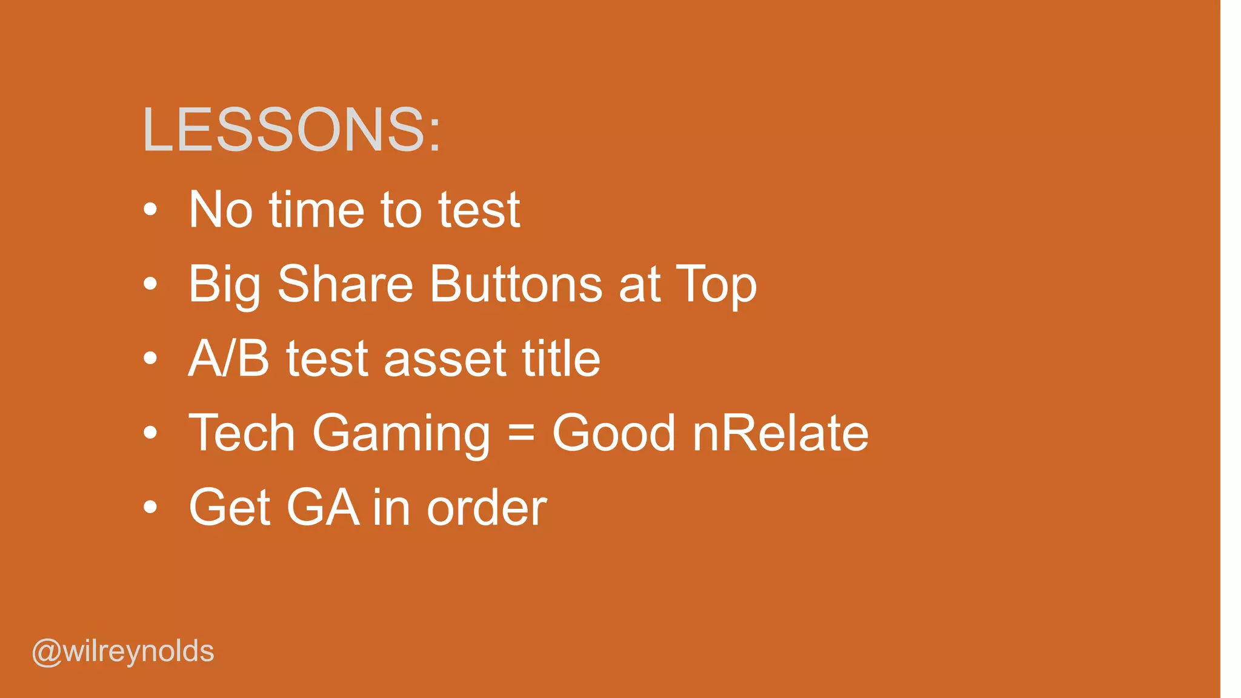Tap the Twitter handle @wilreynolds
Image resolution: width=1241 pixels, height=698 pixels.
coord(123,652)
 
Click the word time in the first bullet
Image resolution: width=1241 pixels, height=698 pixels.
coord(316,210)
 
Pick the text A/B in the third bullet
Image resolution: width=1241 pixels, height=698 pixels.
coord(228,359)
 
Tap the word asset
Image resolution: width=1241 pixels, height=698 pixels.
coord(445,359)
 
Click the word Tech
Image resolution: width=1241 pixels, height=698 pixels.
coord(242,433)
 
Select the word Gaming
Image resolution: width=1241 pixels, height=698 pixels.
coord(401,434)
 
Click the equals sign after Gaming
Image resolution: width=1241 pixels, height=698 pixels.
coord(521,433)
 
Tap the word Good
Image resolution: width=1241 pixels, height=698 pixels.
coord(613,433)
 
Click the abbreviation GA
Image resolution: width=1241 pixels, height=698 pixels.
coord(322,507)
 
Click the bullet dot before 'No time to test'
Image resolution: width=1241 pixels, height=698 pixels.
coord(150,210)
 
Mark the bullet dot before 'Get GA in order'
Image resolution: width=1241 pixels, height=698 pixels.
coord(150,507)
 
